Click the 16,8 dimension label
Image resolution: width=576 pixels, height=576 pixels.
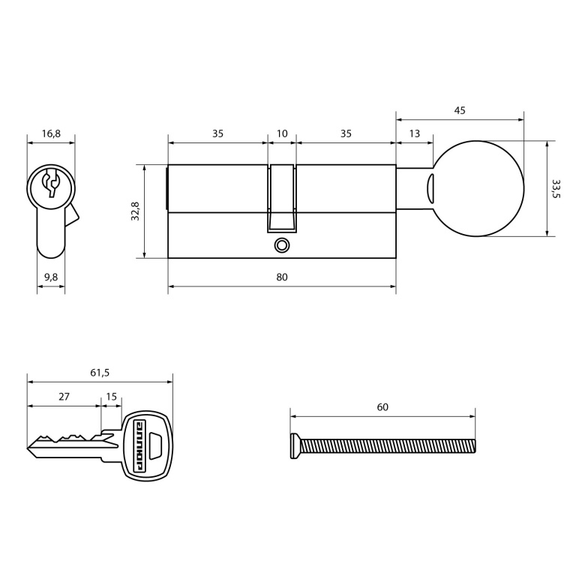click(51, 133)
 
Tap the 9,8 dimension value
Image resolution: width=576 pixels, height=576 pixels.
click(51, 277)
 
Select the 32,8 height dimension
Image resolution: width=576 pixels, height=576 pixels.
click(135, 211)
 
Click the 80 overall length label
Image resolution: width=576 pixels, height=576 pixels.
click(282, 277)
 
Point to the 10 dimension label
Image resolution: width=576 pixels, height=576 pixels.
click(282, 133)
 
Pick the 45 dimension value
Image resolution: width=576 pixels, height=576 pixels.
click(460, 110)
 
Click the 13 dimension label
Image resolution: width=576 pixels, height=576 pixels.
click(414, 133)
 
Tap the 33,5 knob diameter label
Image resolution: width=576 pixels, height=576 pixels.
click(556, 188)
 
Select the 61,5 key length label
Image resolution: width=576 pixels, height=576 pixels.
click(100, 373)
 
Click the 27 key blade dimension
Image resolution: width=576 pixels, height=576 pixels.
click(64, 397)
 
